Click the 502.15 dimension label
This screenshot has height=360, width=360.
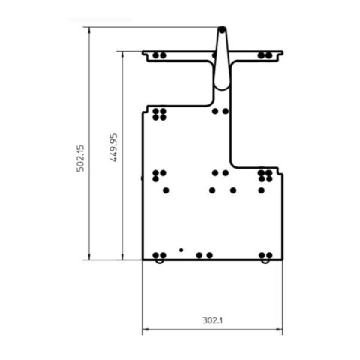(81, 158)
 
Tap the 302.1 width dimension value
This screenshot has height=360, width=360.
(213, 320)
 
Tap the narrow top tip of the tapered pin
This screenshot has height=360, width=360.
(221, 30)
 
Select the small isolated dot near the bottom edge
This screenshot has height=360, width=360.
(181, 249)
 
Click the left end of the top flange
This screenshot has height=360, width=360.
(144, 55)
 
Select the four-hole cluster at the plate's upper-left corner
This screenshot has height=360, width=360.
(158, 115)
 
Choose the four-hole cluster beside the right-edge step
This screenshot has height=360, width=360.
(265, 176)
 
